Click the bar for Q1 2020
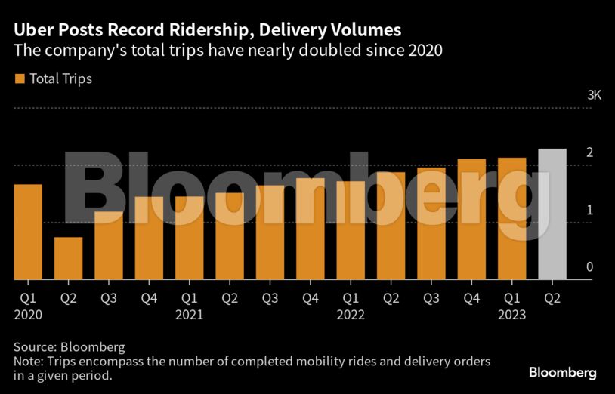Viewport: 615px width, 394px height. point(28,232)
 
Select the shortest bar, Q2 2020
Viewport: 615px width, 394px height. point(68,258)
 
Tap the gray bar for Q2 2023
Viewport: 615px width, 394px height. point(552,214)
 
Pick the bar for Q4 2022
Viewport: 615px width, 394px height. point(471,219)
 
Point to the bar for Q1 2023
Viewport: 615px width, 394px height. point(511,218)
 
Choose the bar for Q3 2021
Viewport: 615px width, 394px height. point(270,232)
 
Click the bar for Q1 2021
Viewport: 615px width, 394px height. point(189,238)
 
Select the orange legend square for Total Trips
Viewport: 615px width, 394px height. point(20,78)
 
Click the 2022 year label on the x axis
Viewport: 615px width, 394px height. point(351,314)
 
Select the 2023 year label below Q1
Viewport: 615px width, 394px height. point(511,314)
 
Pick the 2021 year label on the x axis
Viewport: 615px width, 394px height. point(189,314)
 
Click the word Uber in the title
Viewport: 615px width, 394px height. point(31,30)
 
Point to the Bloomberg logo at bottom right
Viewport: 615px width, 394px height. point(562,373)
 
